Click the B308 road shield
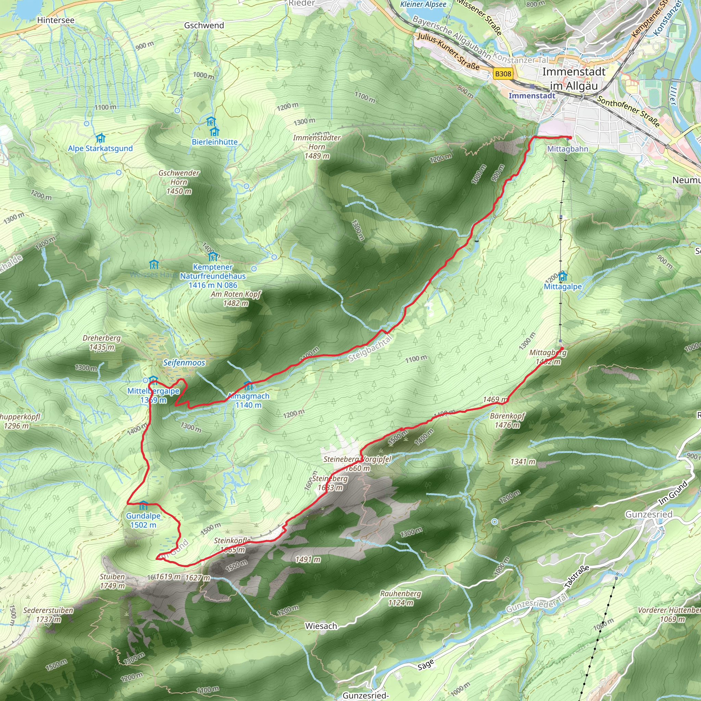click(x=503, y=74)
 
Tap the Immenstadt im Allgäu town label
click(x=574, y=79)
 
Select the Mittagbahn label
click(x=568, y=149)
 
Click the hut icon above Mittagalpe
click(x=562, y=277)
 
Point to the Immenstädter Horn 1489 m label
click(x=317, y=146)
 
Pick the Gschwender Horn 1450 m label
click(x=179, y=182)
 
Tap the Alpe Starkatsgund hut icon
click(x=101, y=138)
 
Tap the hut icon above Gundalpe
click(x=143, y=506)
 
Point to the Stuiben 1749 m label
click(x=113, y=581)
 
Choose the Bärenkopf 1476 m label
click(x=507, y=420)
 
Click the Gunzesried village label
click(x=649, y=514)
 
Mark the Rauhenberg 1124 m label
click(x=400, y=598)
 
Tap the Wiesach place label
click(x=321, y=626)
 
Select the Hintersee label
click(x=55, y=20)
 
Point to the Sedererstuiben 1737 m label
click(x=48, y=615)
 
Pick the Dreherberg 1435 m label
click(x=102, y=343)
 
